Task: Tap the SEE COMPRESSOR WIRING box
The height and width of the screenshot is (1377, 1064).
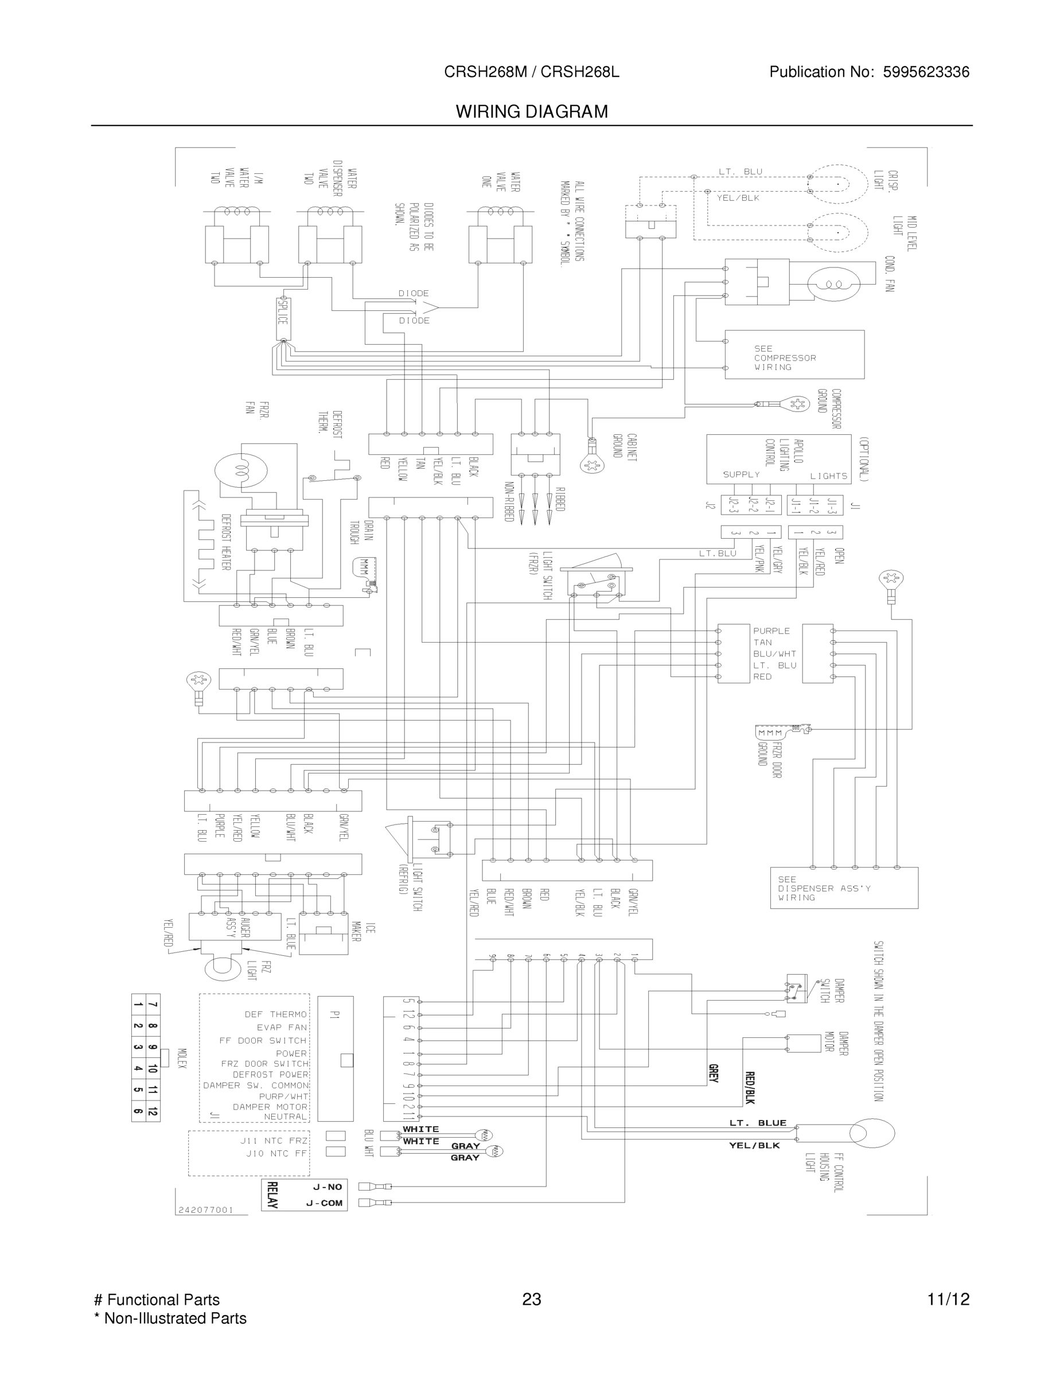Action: pos(794,355)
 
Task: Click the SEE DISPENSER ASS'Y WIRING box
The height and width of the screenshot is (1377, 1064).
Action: pos(843,888)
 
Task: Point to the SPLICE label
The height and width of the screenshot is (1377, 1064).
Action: pos(282,312)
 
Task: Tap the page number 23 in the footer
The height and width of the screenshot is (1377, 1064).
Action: pos(531,1300)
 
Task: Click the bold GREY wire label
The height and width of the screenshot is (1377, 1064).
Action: pos(713,1073)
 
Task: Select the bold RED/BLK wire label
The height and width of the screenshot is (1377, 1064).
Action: pos(750,1088)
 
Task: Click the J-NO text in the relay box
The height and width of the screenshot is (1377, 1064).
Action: pos(327,1187)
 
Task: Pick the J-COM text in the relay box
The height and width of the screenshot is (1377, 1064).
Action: pos(324,1203)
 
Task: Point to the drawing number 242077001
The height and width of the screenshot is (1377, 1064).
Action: pos(205,1210)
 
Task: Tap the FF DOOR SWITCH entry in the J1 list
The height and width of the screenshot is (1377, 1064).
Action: pos(263,1040)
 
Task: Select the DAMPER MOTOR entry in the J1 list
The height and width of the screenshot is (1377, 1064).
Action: pos(270,1107)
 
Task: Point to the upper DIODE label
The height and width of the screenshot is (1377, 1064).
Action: pos(414,293)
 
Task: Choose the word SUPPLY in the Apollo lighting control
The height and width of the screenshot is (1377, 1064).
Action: pos(741,474)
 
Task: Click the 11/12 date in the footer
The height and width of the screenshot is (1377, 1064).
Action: pos(948,1300)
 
